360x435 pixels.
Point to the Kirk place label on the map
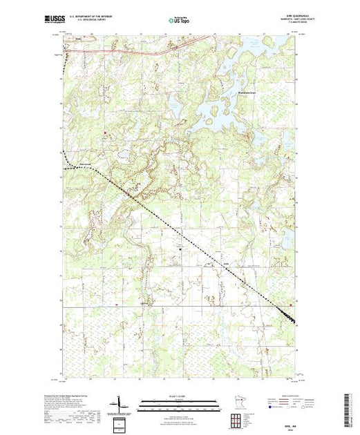pos(225,263)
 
